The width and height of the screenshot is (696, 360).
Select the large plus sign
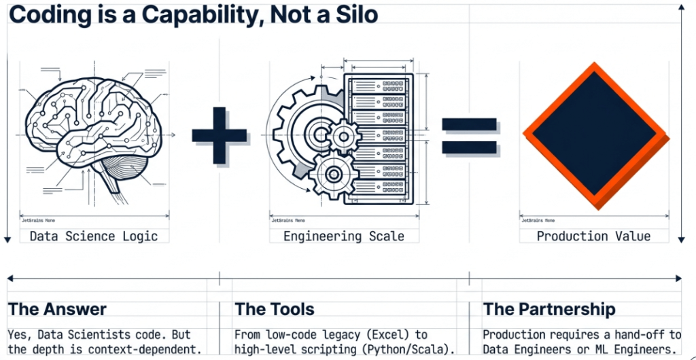[219, 134]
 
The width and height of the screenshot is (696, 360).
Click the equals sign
[469, 134]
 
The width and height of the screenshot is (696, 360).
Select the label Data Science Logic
[94, 236]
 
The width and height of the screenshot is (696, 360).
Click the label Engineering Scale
[343, 236]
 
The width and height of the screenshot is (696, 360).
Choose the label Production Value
[593, 236]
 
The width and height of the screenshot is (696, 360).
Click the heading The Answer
[57, 310]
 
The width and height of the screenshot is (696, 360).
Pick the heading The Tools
[275, 310]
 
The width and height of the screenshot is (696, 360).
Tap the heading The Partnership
[549, 310]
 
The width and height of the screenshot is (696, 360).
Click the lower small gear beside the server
[333, 173]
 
